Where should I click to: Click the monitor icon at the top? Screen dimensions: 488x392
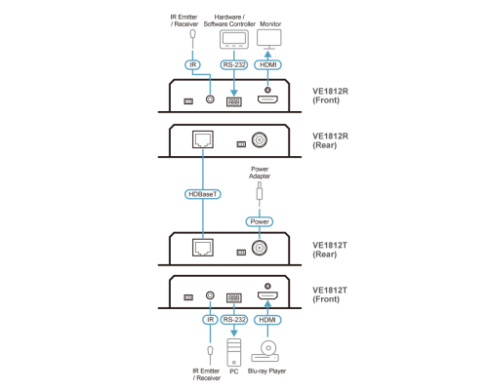click(x=269, y=39)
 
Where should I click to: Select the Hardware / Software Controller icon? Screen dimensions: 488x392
click(x=234, y=39)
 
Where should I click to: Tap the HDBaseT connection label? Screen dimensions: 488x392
click(x=203, y=194)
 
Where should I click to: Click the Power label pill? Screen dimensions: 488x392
click(x=260, y=221)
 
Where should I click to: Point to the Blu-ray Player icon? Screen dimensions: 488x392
click(x=265, y=351)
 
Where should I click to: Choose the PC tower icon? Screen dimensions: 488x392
click(x=234, y=353)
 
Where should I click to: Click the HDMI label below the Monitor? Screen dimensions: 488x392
click(x=267, y=65)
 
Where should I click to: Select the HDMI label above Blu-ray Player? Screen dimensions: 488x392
click(x=267, y=320)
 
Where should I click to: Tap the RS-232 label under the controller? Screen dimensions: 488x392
click(x=234, y=65)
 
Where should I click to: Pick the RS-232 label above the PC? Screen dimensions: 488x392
click(x=234, y=320)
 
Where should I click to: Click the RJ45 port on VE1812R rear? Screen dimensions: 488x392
click(x=203, y=139)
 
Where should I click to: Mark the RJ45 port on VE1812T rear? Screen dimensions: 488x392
click(x=203, y=248)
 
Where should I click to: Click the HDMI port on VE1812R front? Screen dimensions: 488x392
click(x=267, y=99)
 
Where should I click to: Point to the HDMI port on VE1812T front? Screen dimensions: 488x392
click(x=267, y=295)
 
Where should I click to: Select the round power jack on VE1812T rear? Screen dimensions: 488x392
click(x=260, y=249)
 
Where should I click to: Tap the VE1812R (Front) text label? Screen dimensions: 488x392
click(x=330, y=96)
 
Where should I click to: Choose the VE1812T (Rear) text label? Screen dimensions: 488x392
click(x=330, y=250)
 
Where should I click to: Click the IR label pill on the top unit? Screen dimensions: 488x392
click(x=192, y=65)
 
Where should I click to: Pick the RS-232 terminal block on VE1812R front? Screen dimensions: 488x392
click(x=234, y=102)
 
